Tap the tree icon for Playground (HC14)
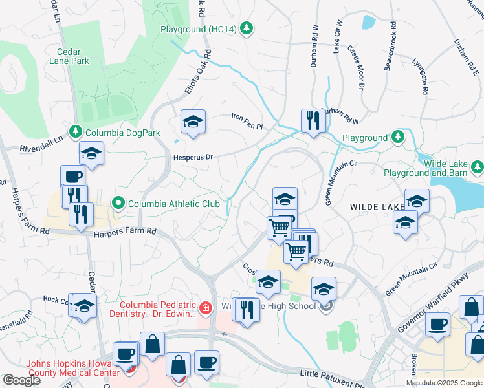tap(246, 28)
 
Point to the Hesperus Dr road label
tap(193, 157)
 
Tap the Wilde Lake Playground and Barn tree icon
tap(478, 167)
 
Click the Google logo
tap(22, 380)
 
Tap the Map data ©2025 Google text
tap(444, 383)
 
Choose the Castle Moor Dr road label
tap(356, 67)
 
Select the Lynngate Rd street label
tap(419, 77)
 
